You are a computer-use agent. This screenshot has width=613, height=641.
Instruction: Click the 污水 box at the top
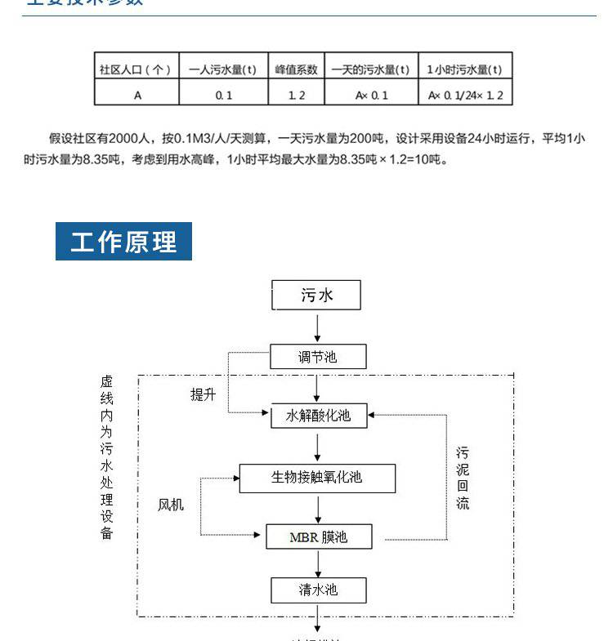pyautogui.click(x=317, y=295)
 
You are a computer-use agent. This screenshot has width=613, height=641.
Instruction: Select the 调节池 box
pyautogui.click(x=317, y=357)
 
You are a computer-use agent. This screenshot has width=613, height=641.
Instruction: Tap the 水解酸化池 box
pyautogui.click(x=318, y=416)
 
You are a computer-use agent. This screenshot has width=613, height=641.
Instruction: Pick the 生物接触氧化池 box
pyautogui.click(x=317, y=478)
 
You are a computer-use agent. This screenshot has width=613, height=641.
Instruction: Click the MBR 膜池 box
pyautogui.click(x=318, y=536)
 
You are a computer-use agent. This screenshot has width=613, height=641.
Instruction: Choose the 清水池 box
pyautogui.click(x=318, y=590)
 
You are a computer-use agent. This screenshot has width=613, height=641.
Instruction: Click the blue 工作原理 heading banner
pyautogui.click(x=123, y=242)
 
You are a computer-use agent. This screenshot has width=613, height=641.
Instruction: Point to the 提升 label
pyautogui.click(x=204, y=395)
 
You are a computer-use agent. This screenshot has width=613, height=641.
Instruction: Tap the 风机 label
pyautogui.click(x=171, y=505)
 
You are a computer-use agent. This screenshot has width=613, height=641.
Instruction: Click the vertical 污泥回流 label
pyautogui.click(x=463, y=478)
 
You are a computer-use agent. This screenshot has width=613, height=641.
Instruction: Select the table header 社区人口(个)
pyautogui.click(x=136, y=69)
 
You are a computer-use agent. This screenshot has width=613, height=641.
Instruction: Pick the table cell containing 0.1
pyautogui.click(x=223, y=95)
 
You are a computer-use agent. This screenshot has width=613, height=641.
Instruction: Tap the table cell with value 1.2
pyautogui.click(x=296, y=95)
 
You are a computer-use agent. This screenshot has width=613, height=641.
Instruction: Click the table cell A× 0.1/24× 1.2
pyautogui.click(x=465, y=95)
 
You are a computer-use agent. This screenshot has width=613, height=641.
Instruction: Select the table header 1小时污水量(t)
pyautogui.click(x=465, y=69)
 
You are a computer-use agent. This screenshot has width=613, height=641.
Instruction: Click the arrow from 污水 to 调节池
pyautogui.click(x=317, y=327)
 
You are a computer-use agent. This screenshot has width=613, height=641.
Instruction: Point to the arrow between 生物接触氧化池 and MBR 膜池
pyautogui.click(x=317, y=508)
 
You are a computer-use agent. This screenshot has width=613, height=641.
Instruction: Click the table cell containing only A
pyautogui.click(x=136, y=95)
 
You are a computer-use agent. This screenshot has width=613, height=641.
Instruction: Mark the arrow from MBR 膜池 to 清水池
pyautogui.click(x=318, y=563)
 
